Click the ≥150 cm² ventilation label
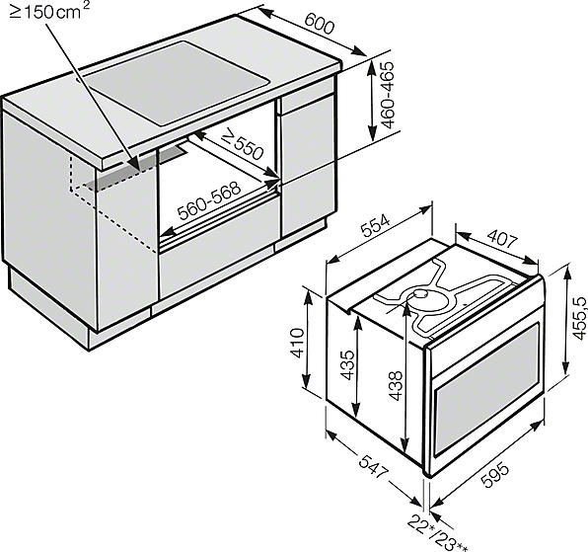pos(49,11)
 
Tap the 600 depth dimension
pos(319,24)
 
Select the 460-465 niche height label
pos(386,96)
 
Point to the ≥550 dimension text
pos(242,145)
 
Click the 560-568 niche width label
pos(209,200)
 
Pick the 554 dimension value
pos(376,226)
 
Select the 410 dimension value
pos(298,343)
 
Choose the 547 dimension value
pos(372,466)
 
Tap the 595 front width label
pos(495,476)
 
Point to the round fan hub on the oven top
pos(422,294)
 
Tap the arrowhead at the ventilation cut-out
pos(136,165)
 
